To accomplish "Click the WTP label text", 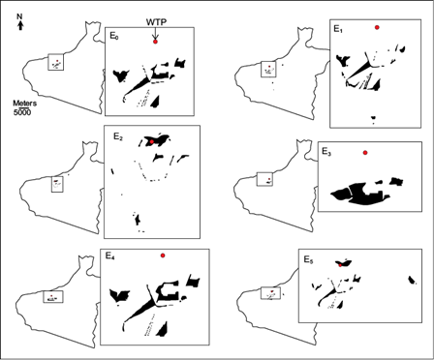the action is pyautogui.click(x=156, y=22).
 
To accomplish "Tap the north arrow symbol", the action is pyautogui.click(x=20, y=25).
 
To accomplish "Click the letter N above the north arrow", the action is pyautogui.click(x=20, y=16).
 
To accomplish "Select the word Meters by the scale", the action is pyautogui.click(x=24, y=104).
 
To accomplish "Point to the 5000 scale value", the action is pyautogui.click(x=22, y=113).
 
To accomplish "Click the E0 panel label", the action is pyautogui.click(x=114, y=36).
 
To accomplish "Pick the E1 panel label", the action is pyautogui.click(x=338, y=29).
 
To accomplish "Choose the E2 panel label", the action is pyautogui.click(x=118, y=135).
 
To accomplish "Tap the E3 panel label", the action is pyautogui.click(x=326, y=151).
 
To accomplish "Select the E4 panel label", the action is pyautogui.click(x=110, y=255).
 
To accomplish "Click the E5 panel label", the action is pyautogui.click(x=308, y=259).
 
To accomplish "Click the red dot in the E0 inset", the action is pyautogui.click(x=155, y=42).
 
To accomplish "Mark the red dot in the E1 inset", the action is pyautogui.click(x=377, y=27).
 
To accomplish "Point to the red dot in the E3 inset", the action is pyautogui.click(x=365, y=153).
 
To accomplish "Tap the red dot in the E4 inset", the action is pyautogui.click(x=163, y=255).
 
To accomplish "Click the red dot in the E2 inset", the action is pyautogui.click(x=152, y=141).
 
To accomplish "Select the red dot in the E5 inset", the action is pyautogui.click(x=340, y=265).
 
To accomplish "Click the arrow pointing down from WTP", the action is pyautogui.click(x=155, y=33).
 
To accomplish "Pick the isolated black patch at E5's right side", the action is pyautogui.click(x=412, y=280).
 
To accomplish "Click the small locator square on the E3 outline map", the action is pyautogui.click(x=264, y=179).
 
